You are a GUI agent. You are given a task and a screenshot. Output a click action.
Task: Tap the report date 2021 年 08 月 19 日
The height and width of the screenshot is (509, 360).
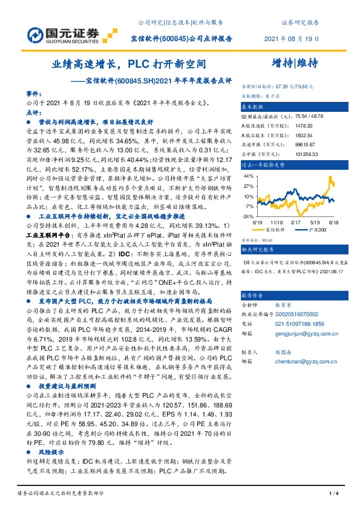pyautogui.click(x=292, y=39)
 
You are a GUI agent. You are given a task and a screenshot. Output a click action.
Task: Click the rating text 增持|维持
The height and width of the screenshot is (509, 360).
pyautogui.click(x=295, y=62)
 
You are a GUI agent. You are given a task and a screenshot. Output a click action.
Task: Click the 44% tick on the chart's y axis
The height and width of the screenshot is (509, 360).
pyautogui.click(x=249, y=175)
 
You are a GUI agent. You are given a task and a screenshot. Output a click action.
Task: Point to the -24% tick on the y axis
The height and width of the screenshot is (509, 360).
pyautogui.click(x=249, y=216)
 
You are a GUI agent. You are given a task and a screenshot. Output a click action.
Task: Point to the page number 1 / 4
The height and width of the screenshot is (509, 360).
pyautogui.click(x=332, y=494)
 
